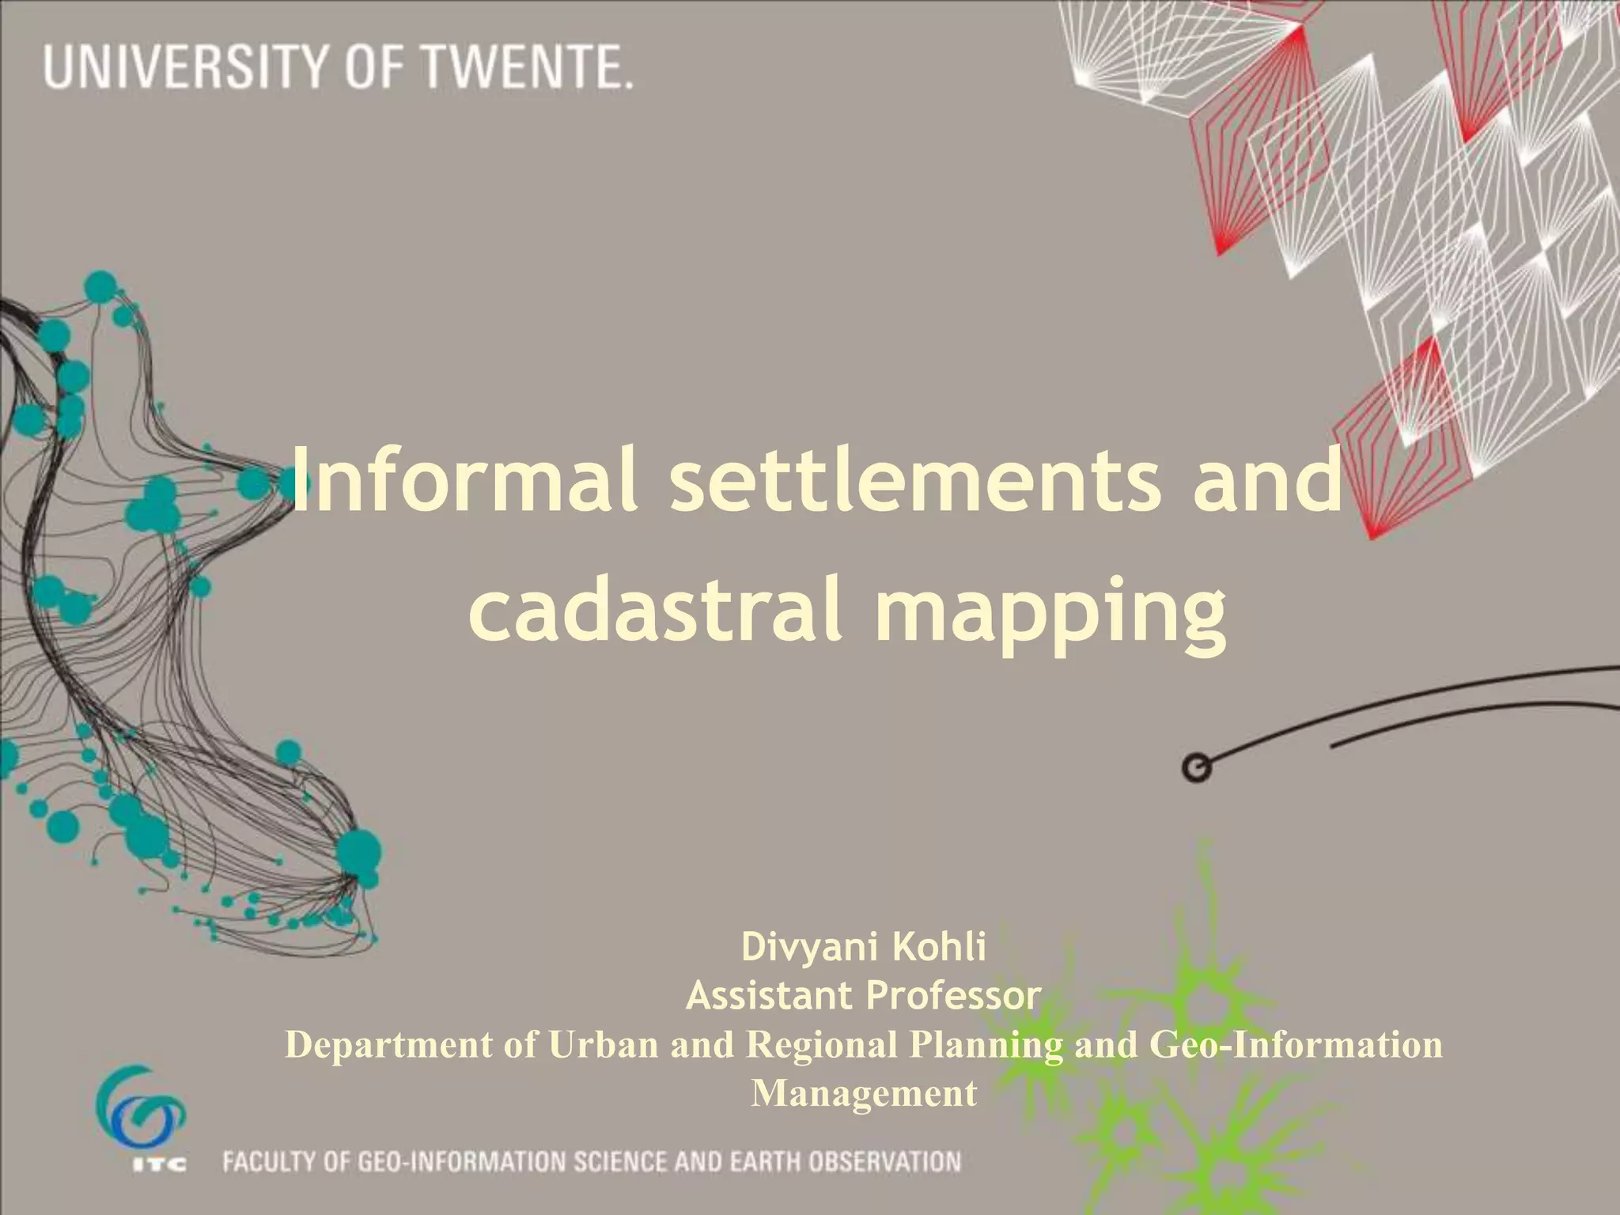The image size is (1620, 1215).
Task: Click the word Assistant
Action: (x=762, y=995)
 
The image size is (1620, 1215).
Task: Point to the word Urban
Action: (x=604, y=1044)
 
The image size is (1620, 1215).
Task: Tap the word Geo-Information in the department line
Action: (x=1295, y=1044)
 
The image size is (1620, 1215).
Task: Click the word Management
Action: (x=864, y=1093)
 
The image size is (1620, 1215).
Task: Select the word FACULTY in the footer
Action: (x=267, y=1162)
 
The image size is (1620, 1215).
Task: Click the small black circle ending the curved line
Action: (x=1197, y=768)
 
